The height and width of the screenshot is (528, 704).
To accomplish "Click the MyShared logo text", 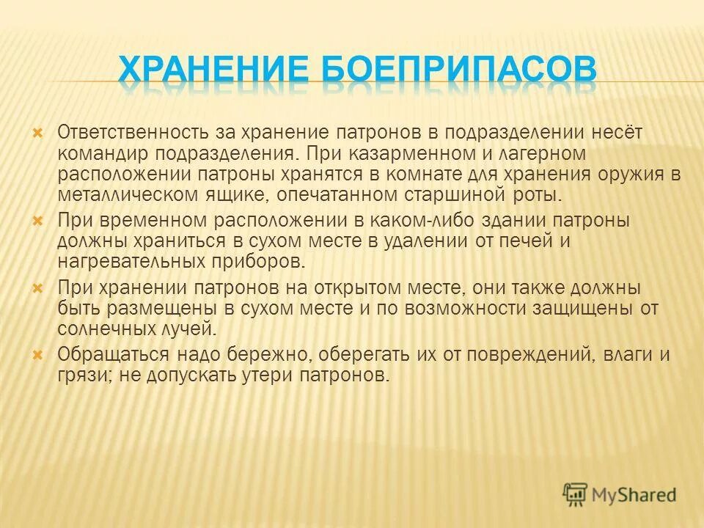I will pyautogui.click(x=636, y=495).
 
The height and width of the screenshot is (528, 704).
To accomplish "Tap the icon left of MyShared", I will pyautogui.click(x=576, y=494).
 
